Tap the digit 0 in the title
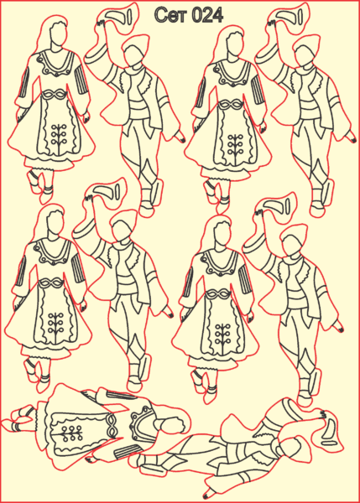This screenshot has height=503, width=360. click(x=199, y=15)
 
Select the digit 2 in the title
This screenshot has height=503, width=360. click(x=208, y=15)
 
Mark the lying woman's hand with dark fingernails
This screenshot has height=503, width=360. click(x=91, y=459)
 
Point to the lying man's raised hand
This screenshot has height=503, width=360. click(x=322, y=416)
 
